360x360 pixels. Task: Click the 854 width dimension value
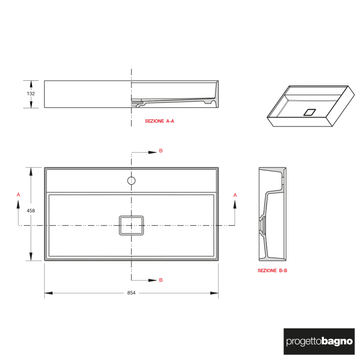click(x=131, y=293)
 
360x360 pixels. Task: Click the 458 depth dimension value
click(x=31, y=210)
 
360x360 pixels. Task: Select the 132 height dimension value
click(x=31, y=94)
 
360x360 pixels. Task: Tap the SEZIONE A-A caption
click(x=159, y=121)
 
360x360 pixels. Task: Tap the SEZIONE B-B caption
click(x=272, y=270)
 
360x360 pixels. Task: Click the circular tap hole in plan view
click(x=131, y=181)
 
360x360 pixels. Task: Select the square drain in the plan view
click(x=131, y=225)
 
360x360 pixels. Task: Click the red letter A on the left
click(x=19, y=194)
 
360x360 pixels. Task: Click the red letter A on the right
click(x=235, y=195)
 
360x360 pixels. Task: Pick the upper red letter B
click(x=160, y=151)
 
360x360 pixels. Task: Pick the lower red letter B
click(x=160, y=280)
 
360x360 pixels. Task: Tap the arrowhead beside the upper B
click(x=153, y=152)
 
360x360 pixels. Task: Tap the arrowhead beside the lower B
click(x=153, y=280)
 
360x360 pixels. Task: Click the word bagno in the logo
click(x=337, y=340)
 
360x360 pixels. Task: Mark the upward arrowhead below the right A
click(x=235, y=205)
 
